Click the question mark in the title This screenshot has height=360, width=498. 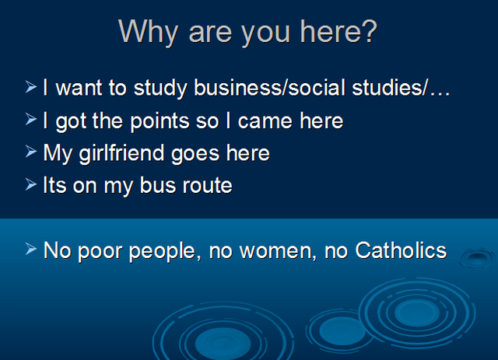[369, 31]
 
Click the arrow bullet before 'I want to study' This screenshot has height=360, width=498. [31, 86]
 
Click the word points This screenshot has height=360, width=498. [160, 121]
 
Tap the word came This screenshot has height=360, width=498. [265, 121]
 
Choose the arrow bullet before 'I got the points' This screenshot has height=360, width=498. [31, 119]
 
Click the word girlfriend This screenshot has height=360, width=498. [121, 153]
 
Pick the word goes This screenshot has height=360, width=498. [195, 155]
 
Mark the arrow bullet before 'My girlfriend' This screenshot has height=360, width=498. [31, 152]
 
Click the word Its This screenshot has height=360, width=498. [54, 185]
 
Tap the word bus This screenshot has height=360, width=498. [158, 185]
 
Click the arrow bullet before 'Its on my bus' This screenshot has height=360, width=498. [31, 184]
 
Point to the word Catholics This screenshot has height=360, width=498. [401, 250]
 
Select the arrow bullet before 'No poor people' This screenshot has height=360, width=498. [31, 249]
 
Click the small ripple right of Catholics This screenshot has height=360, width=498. [477, 257]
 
